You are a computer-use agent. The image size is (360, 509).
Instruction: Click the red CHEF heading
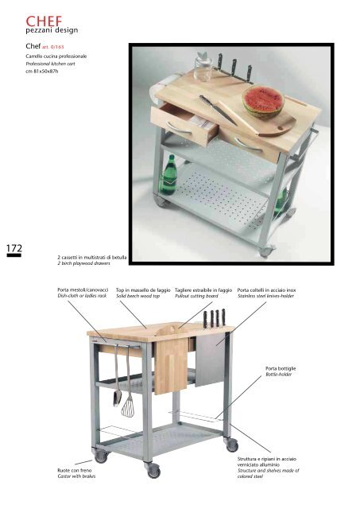click(44, 21)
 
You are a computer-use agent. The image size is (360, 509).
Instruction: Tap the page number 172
click(14, 248)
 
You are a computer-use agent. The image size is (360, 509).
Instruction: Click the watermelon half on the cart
click(263, 101)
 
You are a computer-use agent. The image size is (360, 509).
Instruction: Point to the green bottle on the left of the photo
click(169, 175)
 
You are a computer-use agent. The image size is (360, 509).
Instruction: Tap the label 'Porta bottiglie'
click(281, 368)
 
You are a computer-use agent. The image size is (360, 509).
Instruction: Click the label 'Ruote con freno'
click(74, 470)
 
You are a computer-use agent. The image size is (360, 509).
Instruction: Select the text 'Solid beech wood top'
click(137, 296)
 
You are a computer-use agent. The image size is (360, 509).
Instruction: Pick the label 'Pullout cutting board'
click(196, 296)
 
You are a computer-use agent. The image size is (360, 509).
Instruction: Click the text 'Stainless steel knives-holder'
click(265, 296)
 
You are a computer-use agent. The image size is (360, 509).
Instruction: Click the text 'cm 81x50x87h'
click(42, 72)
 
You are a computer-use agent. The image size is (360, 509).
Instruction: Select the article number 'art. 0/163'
click(53, 47)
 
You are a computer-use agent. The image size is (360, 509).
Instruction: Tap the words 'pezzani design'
click(52, 30)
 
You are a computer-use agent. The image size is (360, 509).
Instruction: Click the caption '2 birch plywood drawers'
click(83, 263)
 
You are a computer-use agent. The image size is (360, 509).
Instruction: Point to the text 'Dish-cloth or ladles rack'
click(82, 296)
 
